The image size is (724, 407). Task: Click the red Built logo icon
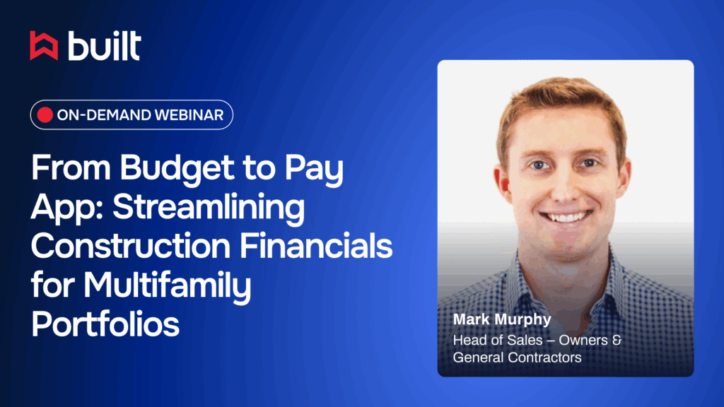pyautogui.click(x=44, y=46)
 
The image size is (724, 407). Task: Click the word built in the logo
pyautogui.click(x=105, y=46)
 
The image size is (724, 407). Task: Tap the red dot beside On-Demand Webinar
pyautogui.click(x=45, y=115)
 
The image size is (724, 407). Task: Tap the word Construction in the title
pyautogui.click(x=131, y=246)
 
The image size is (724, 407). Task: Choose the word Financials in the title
pyautogui.click(x=316, y=246)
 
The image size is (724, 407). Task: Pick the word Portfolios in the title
pyautogui.click(x=105, y=324)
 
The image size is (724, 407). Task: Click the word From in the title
pyautogui.click(x=71, y=167)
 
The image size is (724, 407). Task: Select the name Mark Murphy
pyautogui.click(x=502, y=320)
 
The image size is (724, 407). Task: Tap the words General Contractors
pyautogui.click(x=517, y=357)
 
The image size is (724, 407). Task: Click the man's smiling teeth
pyautogui.click(x=566, y=216)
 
